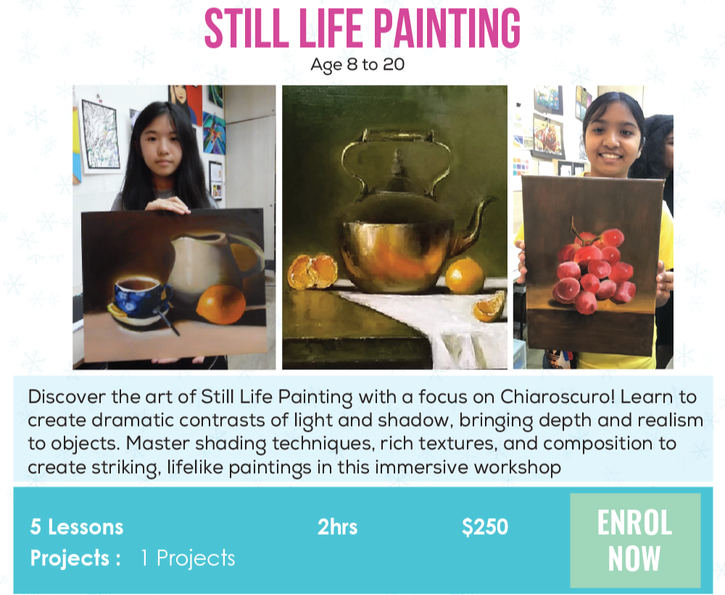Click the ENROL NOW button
coord(635,541)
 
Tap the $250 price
coord(485,527)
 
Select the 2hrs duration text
coord(338,527)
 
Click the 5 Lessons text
coord(77,527)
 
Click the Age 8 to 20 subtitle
coord(357,65)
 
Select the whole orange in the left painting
coord(221,304)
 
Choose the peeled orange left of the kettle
coord(312,271)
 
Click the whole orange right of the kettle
coord(464,276)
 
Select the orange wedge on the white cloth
coord(489,308)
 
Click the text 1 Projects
coord(188,558)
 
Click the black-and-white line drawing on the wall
coord(100,134)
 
